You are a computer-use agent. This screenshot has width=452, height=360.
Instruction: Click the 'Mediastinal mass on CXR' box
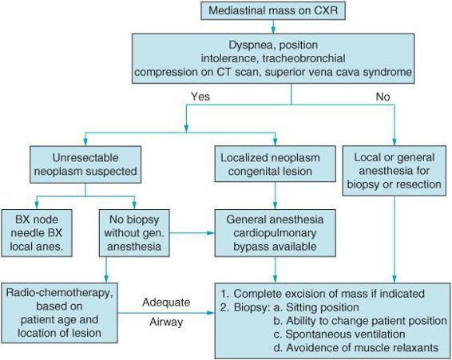pos(273,10)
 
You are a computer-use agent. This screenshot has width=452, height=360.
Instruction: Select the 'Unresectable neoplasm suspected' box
pos(85,164)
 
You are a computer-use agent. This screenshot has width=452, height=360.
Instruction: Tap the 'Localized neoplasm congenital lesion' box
pos(275,164)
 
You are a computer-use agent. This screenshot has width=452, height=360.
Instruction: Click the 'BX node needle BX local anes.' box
pos(37,233)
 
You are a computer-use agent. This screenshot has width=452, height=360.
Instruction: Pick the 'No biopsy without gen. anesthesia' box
pos(134,233)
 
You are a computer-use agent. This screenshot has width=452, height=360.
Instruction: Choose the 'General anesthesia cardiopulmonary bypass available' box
pos(275,233)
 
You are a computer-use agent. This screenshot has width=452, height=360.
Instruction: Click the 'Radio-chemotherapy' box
pos(59,313)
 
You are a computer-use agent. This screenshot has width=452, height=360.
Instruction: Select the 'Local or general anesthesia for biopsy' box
pos(394,171)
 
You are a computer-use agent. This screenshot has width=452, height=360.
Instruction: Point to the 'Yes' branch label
pos(200,97)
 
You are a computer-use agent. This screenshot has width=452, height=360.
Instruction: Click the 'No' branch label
pos(383,97)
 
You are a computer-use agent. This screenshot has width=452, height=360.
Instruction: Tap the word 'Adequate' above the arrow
pos(166,303)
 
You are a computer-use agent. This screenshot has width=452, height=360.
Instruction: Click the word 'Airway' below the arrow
pos(166,322)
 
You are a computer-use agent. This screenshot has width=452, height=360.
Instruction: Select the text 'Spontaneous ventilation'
pos(345,334)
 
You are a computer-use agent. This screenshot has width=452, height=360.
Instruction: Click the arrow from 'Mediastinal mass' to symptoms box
pos(273,26)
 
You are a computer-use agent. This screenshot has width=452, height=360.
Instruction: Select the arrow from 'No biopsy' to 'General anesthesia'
pos(192,233)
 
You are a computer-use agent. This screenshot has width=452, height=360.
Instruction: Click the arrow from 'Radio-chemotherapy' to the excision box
pos(166,313)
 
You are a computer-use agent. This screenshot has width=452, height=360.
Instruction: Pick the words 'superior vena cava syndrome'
pos(339,72)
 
